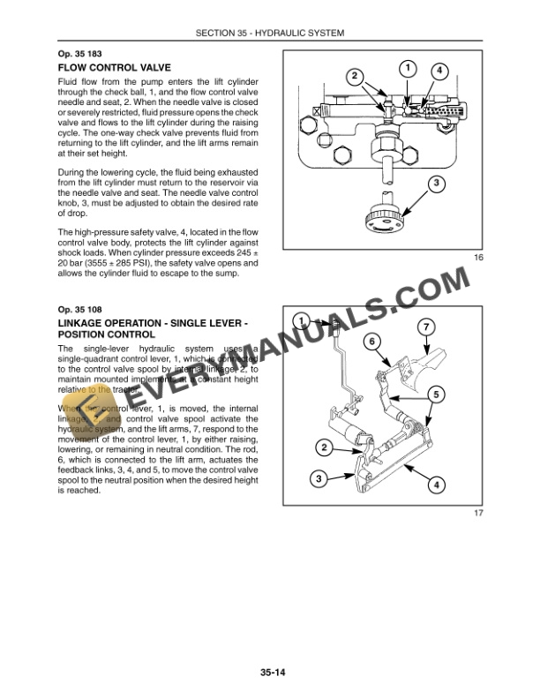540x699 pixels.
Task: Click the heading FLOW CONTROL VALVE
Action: [x=113, y=67]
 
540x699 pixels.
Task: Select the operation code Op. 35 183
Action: [x=80, y=53]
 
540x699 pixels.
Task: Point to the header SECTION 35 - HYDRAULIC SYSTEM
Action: [x=270, y=34]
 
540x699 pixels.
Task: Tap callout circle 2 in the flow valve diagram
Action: [x=355, y=76]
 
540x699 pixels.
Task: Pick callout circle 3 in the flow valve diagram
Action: [x=435, y=184]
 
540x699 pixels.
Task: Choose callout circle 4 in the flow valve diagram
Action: [x=439, y=71]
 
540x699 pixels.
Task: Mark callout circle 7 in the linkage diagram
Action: [x=425, y=328]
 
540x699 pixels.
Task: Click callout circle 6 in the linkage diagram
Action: [x=373, y=341]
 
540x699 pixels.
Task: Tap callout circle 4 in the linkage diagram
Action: [x=439, y=485]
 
